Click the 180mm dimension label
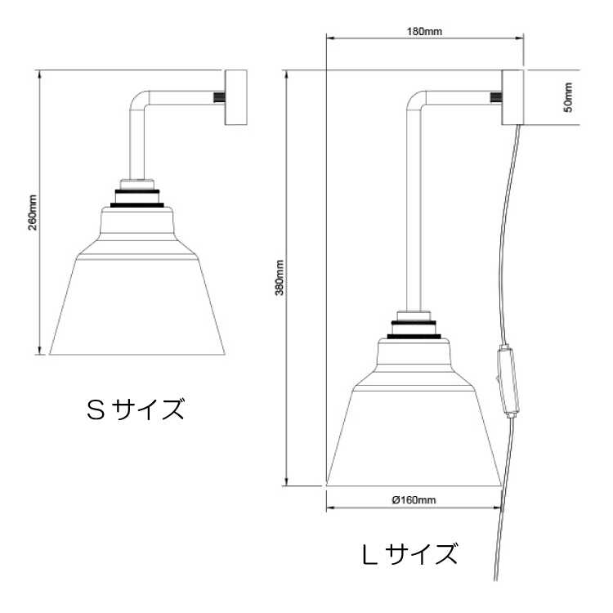pos(424,32)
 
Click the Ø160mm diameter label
pos(413,499)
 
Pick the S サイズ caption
pos(136,408)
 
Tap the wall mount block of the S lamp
pos(235,97)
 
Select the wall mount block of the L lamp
pos(512,97)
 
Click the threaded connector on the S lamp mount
pos(218,97)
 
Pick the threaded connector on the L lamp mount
pos(495,97)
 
